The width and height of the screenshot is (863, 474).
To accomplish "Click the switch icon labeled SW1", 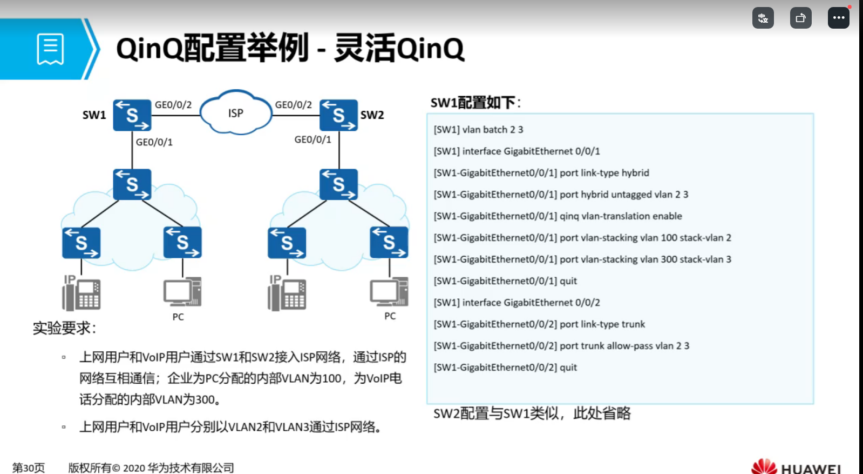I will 132,115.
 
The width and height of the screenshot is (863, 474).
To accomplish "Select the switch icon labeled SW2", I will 338,115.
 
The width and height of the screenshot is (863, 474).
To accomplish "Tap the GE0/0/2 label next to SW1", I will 173,105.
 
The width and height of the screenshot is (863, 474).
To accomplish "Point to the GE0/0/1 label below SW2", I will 312,139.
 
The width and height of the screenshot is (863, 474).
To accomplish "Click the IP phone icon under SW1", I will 81,293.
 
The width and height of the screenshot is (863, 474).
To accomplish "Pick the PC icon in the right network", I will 389,292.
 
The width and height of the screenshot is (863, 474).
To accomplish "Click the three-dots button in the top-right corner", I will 838,18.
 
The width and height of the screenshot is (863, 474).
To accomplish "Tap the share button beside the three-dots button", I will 800,18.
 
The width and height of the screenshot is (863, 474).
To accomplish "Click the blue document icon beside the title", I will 50,49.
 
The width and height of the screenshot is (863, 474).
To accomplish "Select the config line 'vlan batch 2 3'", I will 478,130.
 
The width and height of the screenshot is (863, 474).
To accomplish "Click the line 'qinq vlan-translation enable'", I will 558,216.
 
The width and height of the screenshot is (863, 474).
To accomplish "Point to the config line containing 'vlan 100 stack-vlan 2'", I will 582,238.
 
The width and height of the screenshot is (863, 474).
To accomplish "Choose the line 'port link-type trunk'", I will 539,324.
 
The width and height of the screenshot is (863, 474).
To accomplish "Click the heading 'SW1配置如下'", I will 475,103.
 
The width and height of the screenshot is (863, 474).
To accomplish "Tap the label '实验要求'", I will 64,328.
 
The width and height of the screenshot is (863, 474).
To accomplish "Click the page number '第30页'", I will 29,468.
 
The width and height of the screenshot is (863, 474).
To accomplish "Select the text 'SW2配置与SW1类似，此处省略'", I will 532,413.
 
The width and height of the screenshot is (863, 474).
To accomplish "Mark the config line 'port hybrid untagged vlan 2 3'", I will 561,195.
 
